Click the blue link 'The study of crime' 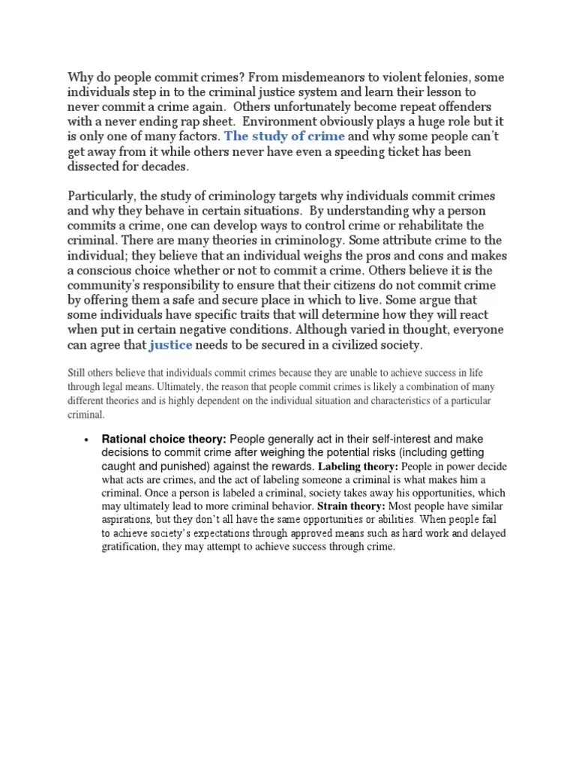pyautogui.click(x=284, y=136)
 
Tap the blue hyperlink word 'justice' pyautogui.click(x=171, y=346)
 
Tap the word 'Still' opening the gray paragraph pyautogui.click(x=77, y=373)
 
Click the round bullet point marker pyautogui.click(x=88, y=439)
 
